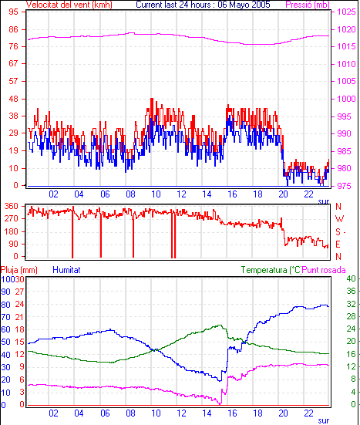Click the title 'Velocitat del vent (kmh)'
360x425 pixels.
(69, 5)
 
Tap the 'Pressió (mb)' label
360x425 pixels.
(308, 5)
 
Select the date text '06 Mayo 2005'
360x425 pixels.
(244, 5)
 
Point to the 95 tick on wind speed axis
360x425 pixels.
(13, 12)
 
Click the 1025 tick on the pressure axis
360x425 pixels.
(346, 12)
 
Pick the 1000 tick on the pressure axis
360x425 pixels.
(346, 99)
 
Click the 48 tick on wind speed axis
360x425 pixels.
(13, 99)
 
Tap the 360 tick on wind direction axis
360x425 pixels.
(12, 206)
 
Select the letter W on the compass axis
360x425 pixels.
(339, 218)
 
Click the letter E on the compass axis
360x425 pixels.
(338, 245)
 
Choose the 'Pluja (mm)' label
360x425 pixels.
(19, 270)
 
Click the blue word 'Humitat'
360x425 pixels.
(66, 270)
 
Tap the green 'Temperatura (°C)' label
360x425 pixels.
(271, 270)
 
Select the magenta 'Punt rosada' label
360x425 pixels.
(324, 270)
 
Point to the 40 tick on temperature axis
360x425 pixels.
(351, 278)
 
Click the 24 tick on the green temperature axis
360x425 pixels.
(351, 329)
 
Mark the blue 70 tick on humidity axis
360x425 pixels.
(5, 317)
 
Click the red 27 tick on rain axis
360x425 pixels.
(19, 292)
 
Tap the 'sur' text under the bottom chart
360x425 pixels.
(324, 420)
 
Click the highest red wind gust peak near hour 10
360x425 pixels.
(152, 99)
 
